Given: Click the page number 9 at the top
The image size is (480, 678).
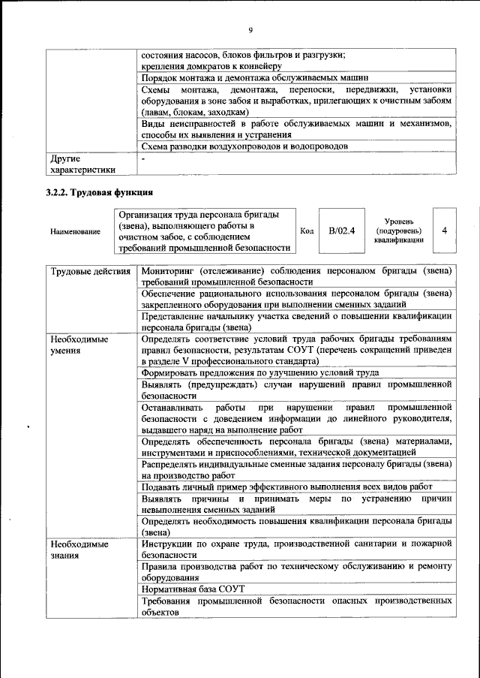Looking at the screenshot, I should tap(250, 30).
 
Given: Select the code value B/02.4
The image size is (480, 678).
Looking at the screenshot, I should tap(342, 231).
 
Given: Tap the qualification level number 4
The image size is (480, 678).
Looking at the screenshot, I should tap(444, 231).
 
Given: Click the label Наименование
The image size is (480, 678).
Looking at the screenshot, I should tap(75, 232).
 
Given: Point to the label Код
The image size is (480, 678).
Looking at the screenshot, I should tap(306, 231).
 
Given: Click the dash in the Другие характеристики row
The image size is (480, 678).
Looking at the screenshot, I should tap(144, 159).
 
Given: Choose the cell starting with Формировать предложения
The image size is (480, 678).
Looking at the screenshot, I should tap(259, 372).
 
